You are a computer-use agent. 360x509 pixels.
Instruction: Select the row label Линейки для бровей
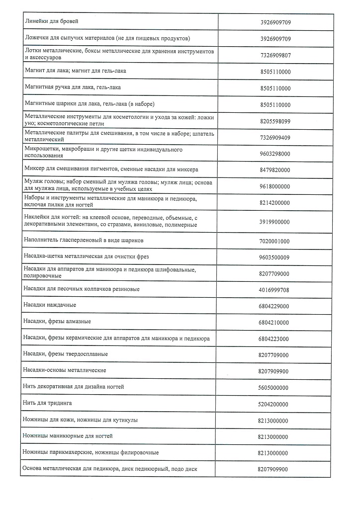click(52, 21)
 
